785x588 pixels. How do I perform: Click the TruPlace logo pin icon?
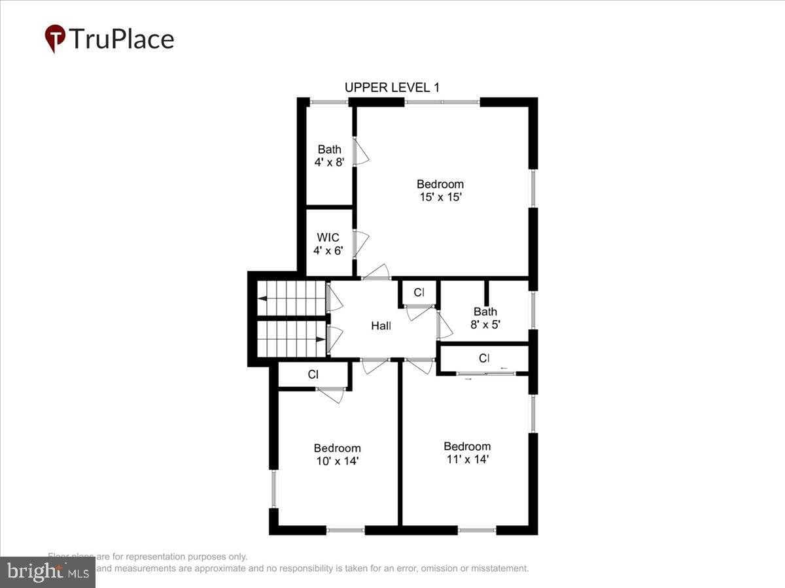[55, 39]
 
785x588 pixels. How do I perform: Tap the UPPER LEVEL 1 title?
[392, 88]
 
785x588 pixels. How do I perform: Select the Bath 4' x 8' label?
[329, 156]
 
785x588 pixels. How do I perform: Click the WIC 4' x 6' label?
[328, 244]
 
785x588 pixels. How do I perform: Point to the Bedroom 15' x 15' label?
[440, 190]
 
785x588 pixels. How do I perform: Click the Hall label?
[381, 325]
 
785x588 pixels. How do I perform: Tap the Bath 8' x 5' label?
[485, 318]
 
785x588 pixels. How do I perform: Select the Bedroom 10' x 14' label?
[337, 454]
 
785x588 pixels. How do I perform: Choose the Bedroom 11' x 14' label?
[466, 453]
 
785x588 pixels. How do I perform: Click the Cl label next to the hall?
[419, 292]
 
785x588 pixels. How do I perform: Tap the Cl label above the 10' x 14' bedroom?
[313, 374]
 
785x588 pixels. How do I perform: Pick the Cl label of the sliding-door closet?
[484, 358]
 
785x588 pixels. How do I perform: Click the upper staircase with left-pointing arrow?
[292, 298]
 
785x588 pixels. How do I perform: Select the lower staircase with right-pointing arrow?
[292, 339]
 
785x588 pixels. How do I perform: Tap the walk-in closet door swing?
[360, 244]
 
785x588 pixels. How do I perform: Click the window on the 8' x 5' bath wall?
[534, 310]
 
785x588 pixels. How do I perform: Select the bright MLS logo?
[48, 572]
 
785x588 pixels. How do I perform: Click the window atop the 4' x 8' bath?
[329, 102]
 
